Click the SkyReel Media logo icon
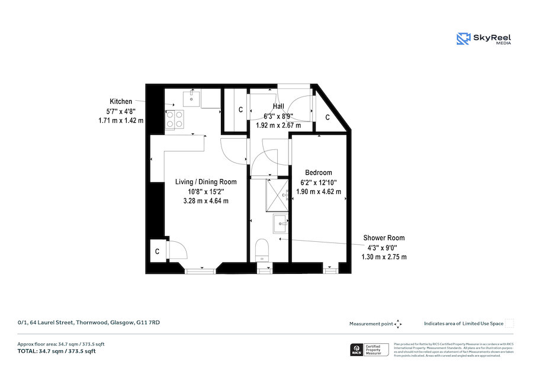pos(463,39)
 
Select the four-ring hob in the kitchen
pos(175,119)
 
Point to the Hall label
pos(278,106)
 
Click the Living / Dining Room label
pos(206,182)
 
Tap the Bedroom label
pos(319,172)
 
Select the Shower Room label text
pos(384,238)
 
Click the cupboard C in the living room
pos(157,251)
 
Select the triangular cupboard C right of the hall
pos(327,117)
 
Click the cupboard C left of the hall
pos(240,110)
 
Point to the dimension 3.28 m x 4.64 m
pos(206,201)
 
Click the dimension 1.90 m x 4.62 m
pos(319,191)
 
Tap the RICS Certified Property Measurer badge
pos(368,350)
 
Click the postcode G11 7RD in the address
pos(148,322)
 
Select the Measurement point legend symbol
pos(398,324)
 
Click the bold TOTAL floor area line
pos(56,352)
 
